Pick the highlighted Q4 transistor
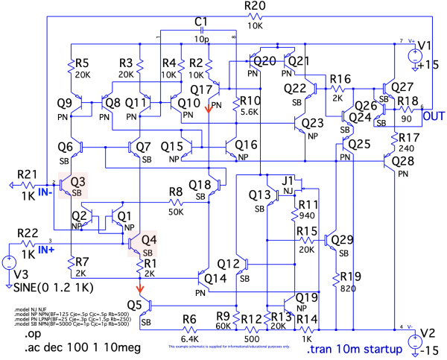(136, 243)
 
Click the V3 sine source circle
(8, 263)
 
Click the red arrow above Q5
(139, 288)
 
